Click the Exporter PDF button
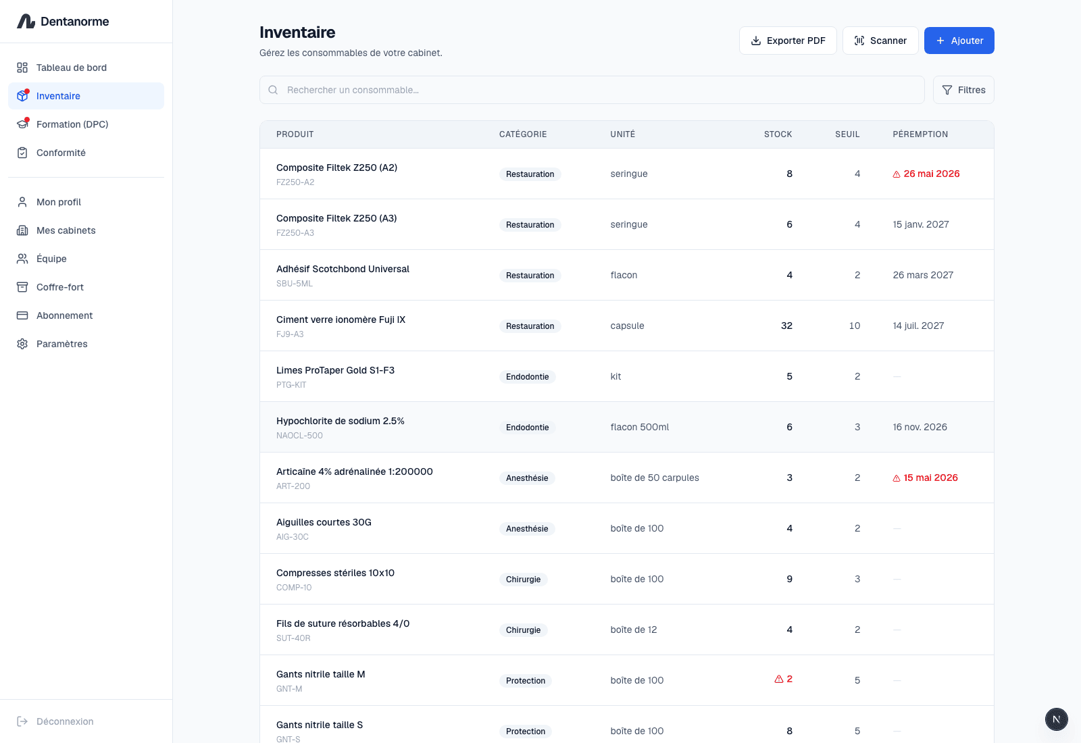(788, 41)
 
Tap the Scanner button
(880, 41)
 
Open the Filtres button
(963, 90)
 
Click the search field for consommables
(592, 90)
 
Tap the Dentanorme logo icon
(26, 21)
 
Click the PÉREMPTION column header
(920, 134)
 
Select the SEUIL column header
(847, 134)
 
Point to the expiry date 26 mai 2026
(932, 174)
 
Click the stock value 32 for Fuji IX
(786, 326)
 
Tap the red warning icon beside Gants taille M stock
(778, 680)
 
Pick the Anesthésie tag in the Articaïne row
(527, 478)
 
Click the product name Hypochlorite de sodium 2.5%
(341, 421)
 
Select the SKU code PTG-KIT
(291, 384)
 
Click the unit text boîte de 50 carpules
(655, 478)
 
